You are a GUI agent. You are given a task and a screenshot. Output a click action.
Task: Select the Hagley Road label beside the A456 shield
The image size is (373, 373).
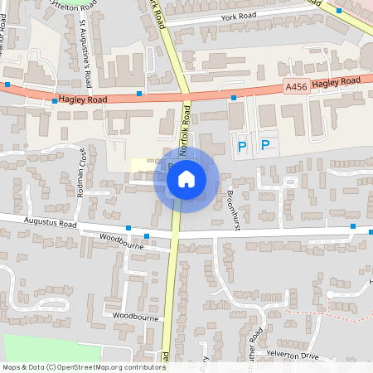click(337, 81)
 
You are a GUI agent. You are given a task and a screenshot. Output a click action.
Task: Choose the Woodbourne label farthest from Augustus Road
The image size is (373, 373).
click(135, 317)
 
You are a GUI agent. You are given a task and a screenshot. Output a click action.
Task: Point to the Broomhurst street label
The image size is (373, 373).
click(233, 213)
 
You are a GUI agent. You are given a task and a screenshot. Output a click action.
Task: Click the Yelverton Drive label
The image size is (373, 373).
click(292, 355)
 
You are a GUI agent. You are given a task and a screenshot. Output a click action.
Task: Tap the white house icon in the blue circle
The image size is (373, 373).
click(186, 179)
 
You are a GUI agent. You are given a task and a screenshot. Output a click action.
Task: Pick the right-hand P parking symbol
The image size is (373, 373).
click(265, 145)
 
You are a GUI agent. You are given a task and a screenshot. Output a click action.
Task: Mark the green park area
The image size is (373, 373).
click(41, 348)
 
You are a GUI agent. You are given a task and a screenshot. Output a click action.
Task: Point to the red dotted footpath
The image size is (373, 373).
click(348, 315)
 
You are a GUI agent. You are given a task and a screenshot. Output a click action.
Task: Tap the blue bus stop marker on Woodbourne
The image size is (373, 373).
click(146, 236)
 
